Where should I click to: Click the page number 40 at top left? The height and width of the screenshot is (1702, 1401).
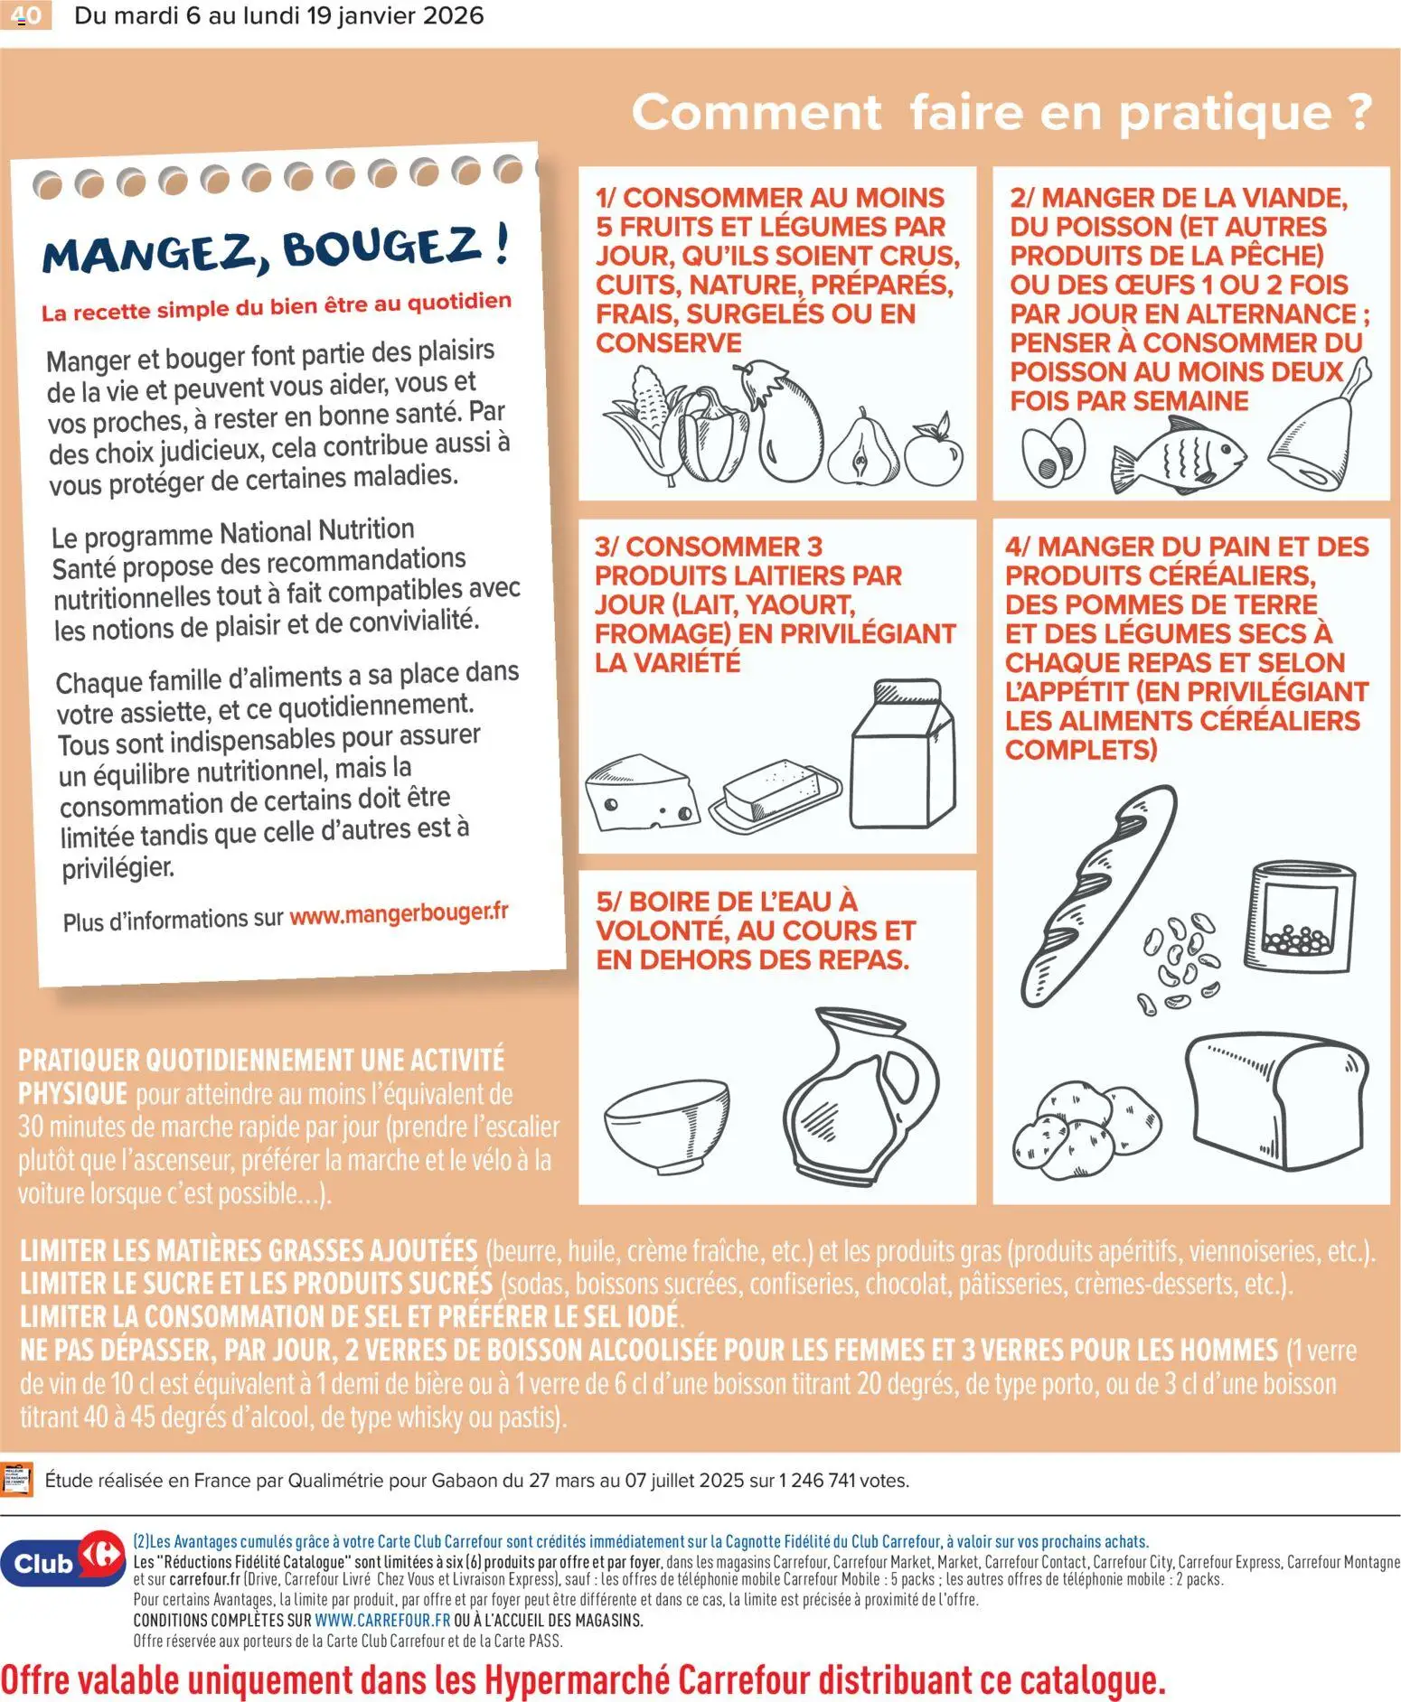[x=24, y=15]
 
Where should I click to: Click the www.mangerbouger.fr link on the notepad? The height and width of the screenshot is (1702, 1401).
[x=399, y=913]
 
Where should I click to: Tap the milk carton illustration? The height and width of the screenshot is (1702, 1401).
[x=902, y=754]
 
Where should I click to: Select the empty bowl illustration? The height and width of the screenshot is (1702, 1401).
[x=667, y=1125]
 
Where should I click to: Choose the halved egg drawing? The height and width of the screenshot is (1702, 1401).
[x=1053, y=452]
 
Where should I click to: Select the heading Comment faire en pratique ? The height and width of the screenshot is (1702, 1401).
[x=1001, y=113]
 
